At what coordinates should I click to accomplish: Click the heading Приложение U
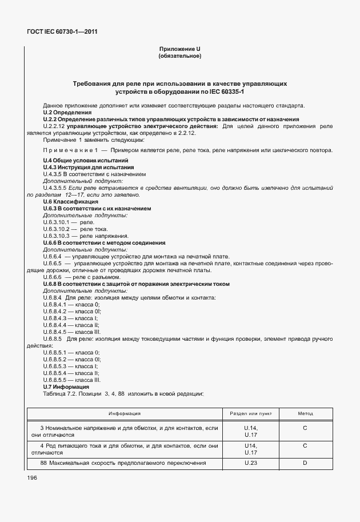[x=179, y=49]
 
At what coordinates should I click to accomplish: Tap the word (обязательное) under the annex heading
[x=179, y=56]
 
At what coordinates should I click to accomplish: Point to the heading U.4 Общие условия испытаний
[x=85, y=161]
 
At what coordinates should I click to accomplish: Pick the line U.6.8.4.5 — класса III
[x=72, y=332]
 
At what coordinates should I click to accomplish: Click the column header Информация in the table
[x=125, y=413]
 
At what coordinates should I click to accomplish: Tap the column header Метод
[x=305, y=413]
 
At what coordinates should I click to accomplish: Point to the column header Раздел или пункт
[x=251, y=413]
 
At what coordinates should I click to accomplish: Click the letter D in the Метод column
[x=305, y=463]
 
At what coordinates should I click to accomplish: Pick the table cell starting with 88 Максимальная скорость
[x=123, y=463]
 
